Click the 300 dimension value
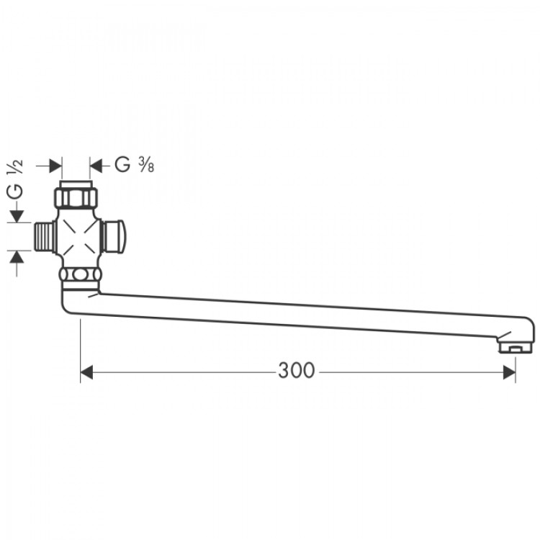(297, 371)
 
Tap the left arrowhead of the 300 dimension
(87, 372)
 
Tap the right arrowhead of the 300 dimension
(509, 372)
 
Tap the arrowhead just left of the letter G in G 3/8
(97, 166)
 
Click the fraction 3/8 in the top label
(147, 166)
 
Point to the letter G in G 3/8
(122, 166)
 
